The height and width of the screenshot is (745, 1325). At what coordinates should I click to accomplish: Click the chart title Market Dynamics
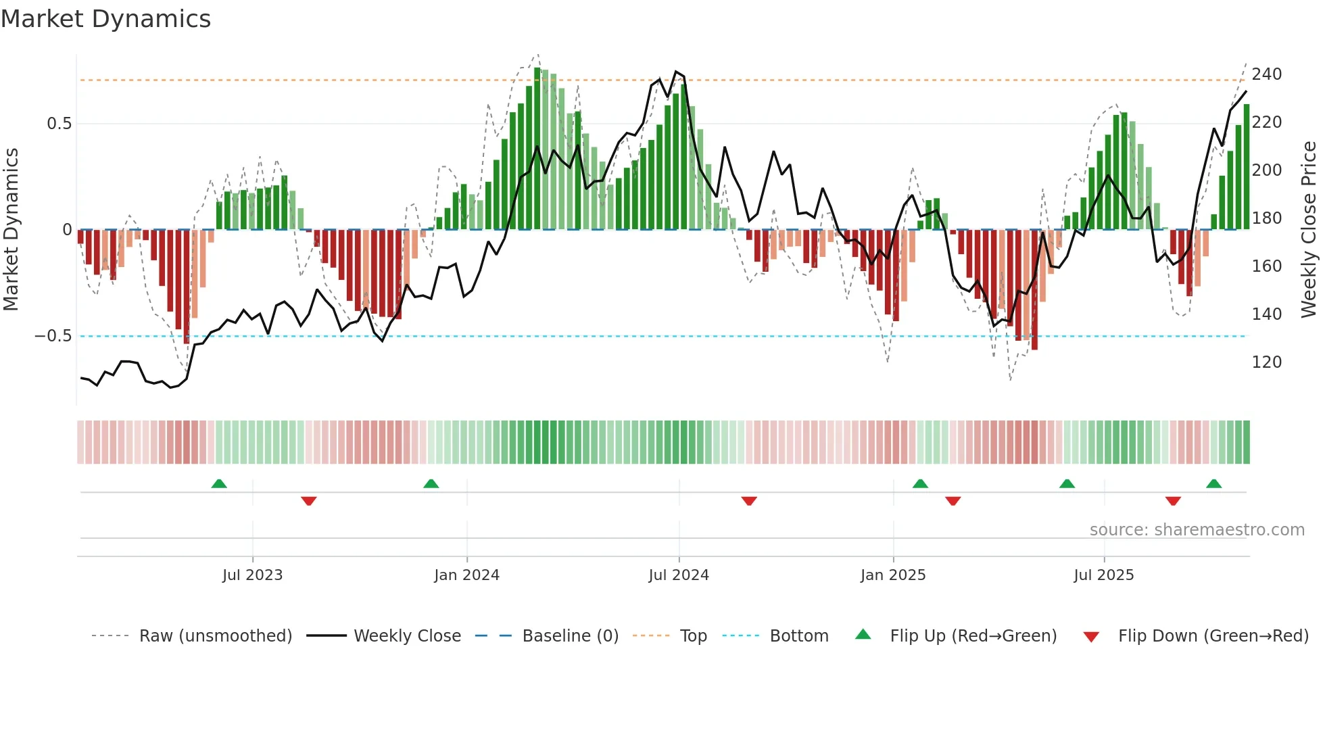click(x=105, y=19)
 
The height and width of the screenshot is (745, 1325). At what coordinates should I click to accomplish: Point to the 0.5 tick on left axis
click(x=59, y=124)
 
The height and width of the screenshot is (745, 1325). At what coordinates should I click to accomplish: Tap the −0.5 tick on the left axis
click(x=53, y=336)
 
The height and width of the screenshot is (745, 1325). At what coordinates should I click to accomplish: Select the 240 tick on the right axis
click(x=1266, y=74)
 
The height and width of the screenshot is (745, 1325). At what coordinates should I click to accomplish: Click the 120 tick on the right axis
click(x=1266, y=362)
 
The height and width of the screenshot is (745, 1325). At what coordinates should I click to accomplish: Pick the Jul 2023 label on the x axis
click(x=252, y=575)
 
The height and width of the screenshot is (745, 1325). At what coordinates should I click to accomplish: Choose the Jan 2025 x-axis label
click(x=892, y=575)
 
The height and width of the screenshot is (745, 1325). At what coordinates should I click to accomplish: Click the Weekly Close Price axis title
click(x=1309, y=230)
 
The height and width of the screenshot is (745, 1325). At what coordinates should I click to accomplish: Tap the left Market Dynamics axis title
click(x=11, y=230)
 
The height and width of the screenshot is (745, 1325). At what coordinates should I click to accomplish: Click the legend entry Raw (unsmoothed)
click(x=215, y=636)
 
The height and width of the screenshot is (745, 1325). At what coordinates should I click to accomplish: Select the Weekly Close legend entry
click(x=407, y=636)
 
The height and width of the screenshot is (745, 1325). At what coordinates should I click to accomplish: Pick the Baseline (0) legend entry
click(x=570, y=636)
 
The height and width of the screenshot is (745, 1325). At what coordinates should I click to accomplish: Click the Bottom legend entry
click(x=798, y=636)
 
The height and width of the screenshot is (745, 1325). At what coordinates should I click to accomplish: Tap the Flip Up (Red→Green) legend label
click(x=973, y=636)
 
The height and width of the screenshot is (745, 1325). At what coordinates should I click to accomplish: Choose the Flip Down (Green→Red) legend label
click(x=1213, y=636)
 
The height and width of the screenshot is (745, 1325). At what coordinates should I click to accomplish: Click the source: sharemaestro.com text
click(x=1197, y=530)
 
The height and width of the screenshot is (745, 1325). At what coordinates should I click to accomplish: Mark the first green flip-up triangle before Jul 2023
click(x=219, y=484)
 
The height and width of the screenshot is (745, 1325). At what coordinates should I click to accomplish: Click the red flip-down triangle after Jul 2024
click(x=749, y=501)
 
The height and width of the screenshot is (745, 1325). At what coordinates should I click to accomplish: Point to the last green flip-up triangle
click(x=1213, y=484)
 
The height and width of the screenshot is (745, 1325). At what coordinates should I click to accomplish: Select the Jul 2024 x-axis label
click(x=679, y=575)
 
